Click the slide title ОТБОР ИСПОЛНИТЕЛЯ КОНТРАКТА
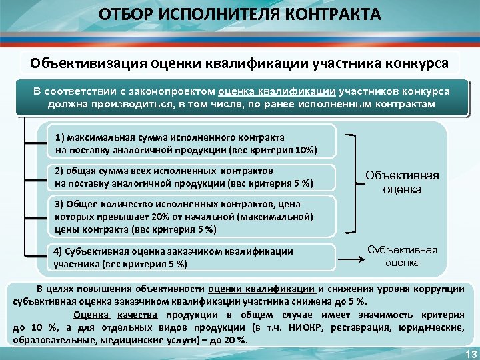240,15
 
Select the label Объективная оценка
402,182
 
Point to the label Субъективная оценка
402,256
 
